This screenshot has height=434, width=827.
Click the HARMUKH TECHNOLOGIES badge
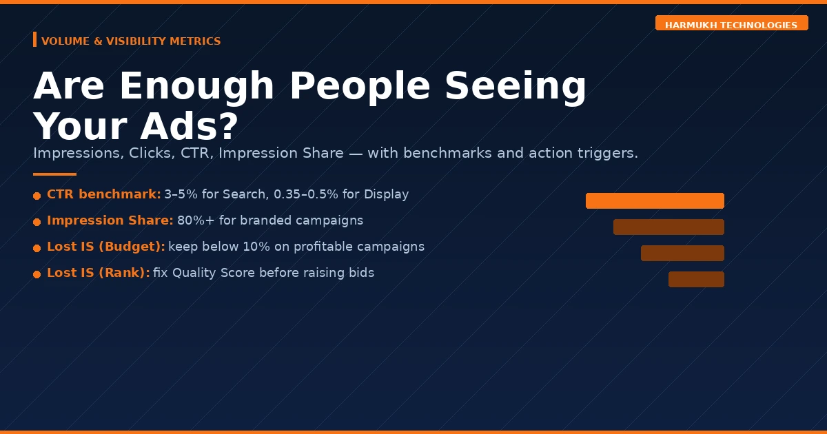(731, 23)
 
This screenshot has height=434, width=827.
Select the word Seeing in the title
(515, 86)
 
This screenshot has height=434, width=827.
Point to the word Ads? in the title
(189, 126)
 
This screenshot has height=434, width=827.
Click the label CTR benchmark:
(104, 194)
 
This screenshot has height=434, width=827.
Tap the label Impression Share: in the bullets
(110, 220)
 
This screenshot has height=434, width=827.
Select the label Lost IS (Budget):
(106, 247)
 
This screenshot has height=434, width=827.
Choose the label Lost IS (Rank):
(99, 273)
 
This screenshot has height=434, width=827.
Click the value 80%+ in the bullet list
(196, 220)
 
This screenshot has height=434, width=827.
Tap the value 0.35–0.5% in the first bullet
(306, 194)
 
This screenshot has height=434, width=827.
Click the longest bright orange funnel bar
(655, 200)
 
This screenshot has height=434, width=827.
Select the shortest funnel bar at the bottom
(696, 280)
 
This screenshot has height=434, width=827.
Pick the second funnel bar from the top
(668, 227)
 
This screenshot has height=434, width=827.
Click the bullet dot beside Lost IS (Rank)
(37, 275)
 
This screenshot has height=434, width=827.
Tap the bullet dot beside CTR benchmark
(37, 196)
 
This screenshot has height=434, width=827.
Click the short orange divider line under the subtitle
(54, 174)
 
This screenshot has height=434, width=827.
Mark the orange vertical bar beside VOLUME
(34, 39)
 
